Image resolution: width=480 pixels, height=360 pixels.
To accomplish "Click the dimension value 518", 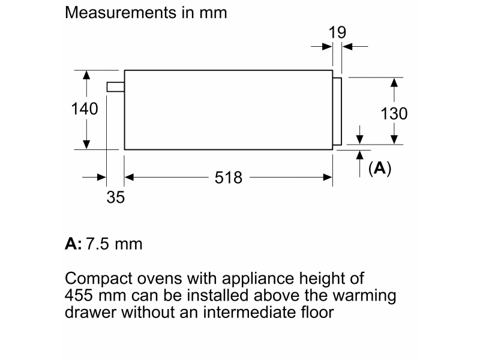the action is click(229, 178).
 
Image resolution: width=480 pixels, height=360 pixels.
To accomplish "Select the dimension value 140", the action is click(85, 109).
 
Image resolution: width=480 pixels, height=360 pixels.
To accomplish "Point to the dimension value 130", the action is click(394, 113).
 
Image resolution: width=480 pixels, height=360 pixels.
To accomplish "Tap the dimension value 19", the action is click(337, 32).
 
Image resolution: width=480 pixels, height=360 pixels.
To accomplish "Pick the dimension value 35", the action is click(115, 197).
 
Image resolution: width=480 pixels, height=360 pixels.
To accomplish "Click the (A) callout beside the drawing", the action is click(380, 168).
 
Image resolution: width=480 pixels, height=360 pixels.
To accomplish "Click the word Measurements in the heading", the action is click(121, 13).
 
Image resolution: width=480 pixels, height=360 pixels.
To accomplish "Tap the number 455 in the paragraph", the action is click(79, 295).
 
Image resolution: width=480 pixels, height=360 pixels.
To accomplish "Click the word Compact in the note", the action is click(98, 279).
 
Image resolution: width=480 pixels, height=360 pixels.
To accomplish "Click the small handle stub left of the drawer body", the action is click(115, 87).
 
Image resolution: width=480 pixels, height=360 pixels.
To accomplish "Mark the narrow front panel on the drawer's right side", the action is click(337, 112).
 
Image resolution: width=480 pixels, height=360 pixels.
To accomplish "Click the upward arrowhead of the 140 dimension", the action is click(86, 76).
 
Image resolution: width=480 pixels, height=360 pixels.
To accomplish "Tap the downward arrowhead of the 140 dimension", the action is click(86, 145).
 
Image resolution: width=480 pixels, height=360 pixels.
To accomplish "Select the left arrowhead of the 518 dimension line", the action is click(129, 177).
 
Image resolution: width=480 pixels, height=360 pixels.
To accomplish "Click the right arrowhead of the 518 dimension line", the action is click(328, 177).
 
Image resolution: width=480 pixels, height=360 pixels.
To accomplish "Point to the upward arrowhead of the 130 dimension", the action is click(394, 83).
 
